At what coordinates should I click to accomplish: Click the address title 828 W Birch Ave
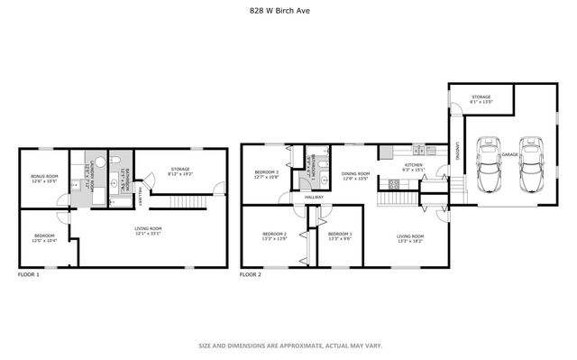tap(288, 12)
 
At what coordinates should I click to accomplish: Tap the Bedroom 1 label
tap(338, 234)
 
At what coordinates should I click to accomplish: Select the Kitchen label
tap(413, 166)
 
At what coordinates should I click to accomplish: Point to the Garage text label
tap(510, 154)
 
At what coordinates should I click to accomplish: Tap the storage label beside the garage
tap(481, 97)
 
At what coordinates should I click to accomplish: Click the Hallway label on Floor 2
tap(314, 197)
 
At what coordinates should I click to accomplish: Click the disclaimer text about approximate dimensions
tap(288, 346)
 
